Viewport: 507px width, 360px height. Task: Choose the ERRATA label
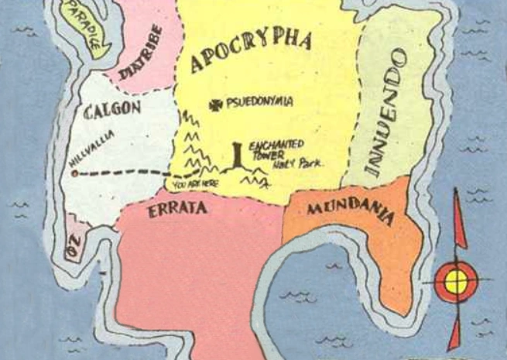click(x=177, y=209)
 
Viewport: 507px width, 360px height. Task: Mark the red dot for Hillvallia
click(x=74, y=173)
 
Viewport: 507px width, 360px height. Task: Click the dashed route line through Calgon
click(x=124, y=173)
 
